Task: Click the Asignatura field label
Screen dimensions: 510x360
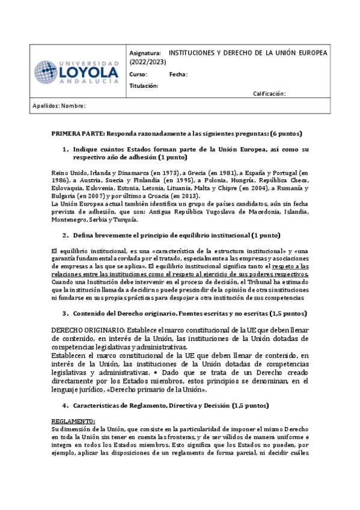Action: [145, 53]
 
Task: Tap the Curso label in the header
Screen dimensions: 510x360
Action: [138, 75]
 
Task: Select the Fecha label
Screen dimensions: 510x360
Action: [178, 75]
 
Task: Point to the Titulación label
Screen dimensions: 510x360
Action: [144, 86]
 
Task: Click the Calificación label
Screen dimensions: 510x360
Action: [269, 94]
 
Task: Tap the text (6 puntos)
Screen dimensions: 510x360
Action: [285, 133]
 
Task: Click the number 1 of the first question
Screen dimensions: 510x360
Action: [65, 149]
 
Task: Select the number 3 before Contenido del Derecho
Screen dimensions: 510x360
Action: [65, 313]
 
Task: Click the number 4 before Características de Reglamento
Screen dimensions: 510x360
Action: [65, 405]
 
